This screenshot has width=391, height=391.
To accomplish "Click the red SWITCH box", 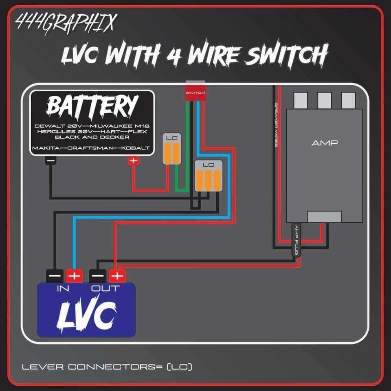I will click(195, 92).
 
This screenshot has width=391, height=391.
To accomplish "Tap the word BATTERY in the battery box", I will click(92, 106).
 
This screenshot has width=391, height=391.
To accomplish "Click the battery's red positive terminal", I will click(133, 160).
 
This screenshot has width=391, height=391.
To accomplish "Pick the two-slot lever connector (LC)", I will click(171, 149).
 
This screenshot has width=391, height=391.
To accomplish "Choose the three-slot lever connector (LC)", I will click(208, 175).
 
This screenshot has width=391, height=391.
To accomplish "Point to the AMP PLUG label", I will click(297, 240).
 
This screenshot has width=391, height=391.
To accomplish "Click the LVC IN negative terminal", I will click(55, 276).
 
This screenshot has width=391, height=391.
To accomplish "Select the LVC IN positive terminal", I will click(74, 276).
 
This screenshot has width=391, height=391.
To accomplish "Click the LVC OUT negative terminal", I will click(98, 276).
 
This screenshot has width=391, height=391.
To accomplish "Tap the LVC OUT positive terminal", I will click(117, 276).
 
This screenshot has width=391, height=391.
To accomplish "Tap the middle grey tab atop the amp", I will click(324, 99).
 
